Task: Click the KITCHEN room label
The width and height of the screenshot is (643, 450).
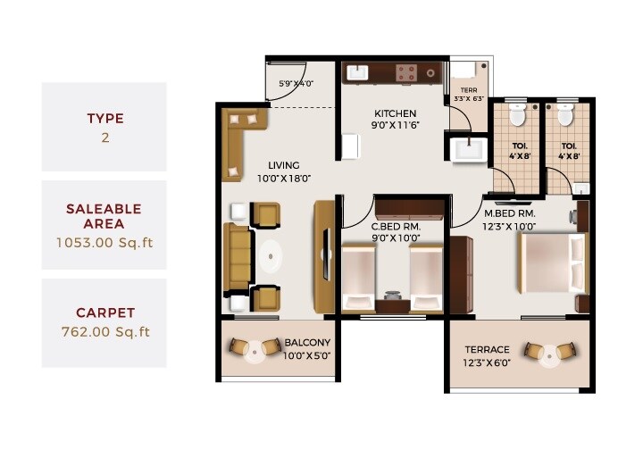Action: pyautogui.click(x=396, y=113)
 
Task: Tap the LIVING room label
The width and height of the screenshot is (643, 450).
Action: pyautogui.click(x=284, y=166)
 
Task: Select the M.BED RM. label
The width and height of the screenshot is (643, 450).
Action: pyautogui.click(x=509, y=214)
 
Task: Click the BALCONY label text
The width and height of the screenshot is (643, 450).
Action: pyautogui.click(x=306, y=343)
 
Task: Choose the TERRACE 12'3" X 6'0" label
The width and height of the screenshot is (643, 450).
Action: pyautogui.click(x=487, y=349)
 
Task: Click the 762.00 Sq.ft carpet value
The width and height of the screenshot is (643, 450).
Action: pyautogui.click(x=104, y=332)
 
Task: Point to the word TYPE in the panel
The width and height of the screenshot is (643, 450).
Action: pyautogui.click(x=104, y=118)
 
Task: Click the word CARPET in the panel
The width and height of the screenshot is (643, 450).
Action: pyautogui.click(x=104, y=313)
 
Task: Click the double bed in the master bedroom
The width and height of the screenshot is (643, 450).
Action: pyautogui.click(x=552, y=264)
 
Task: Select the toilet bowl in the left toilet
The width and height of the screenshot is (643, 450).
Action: pyautogui.click(x=516, y=117)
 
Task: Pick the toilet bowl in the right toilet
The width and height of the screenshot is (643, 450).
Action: pyautogui.click(x=564, y=117)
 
